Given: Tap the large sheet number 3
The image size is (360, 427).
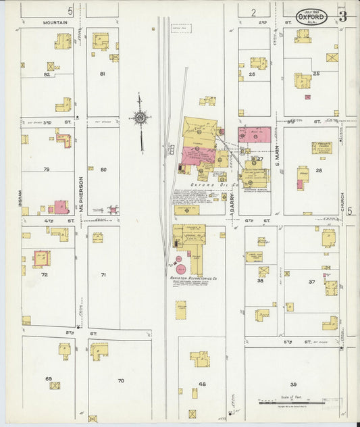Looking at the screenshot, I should [x=342, y=16].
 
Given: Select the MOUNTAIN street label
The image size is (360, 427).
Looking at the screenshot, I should [x=55, y=22].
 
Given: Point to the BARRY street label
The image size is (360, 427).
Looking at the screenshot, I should [x=231, y=201].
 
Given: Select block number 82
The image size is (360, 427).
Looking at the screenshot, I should [x=47, y=74].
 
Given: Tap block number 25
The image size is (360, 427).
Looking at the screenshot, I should [x=316, y=72].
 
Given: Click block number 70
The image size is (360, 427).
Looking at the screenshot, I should [x=121, y=381].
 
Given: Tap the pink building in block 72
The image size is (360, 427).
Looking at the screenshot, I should [x=42, y=258].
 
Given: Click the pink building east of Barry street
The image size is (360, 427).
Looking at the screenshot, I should [x=254, y=134].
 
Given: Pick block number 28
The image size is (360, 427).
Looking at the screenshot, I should [x=318, y=170].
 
